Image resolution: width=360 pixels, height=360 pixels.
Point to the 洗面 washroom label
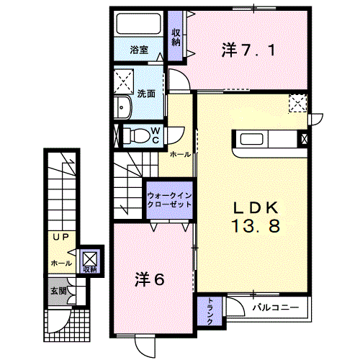point(147,93)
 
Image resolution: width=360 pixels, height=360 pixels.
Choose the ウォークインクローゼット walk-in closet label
point(169,199)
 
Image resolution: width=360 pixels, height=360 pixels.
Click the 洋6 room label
point(149,279)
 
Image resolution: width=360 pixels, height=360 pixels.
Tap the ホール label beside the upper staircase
point(180,154)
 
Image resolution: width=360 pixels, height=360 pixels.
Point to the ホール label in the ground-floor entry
point(60,264)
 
